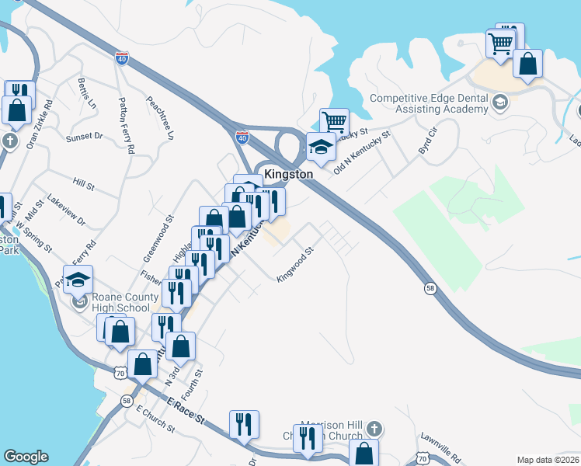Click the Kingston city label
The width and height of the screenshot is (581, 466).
click(x=288, y=175)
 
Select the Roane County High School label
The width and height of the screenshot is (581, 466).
click(x=120, y=302)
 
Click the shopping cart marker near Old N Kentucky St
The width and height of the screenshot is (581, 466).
click(x=334, y=122)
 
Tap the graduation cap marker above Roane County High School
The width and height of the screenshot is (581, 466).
click(x=78, y=280)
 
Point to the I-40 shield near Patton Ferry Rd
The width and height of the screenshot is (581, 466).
click(x=122, y=58)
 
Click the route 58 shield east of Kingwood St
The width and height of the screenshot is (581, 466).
click(x=430, y=288)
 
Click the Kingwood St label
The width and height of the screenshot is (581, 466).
click(x=295, y=264)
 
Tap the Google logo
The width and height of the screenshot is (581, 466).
click(x=26, y=457)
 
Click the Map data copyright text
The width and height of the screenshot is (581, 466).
click(x=548, y=460)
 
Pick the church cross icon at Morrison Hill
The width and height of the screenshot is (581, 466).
click(x=374, y=429)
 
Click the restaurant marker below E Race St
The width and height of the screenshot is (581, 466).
click(x=244, y=424)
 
